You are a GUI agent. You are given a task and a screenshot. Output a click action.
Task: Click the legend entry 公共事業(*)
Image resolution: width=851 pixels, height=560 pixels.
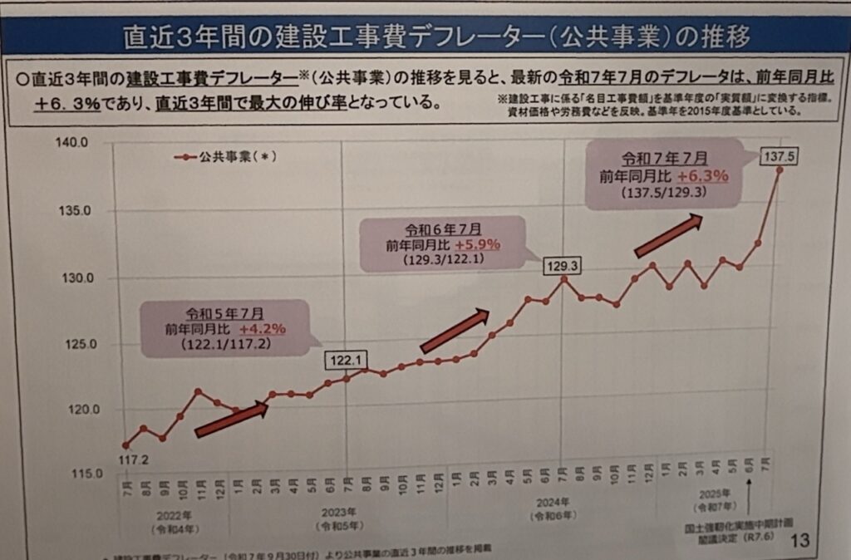(224, 156)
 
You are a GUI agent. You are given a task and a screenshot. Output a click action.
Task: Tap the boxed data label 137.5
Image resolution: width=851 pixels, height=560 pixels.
(780, 155)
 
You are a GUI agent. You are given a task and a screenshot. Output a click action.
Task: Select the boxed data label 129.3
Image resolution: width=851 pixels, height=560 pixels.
(563, 266)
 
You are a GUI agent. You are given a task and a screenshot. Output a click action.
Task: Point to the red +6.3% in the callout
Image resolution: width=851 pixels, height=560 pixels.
(702, 175)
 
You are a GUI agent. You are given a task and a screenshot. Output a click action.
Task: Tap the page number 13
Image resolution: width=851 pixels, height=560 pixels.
(800, 541)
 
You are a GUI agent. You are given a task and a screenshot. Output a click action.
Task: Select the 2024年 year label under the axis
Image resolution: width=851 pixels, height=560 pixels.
(551, 504)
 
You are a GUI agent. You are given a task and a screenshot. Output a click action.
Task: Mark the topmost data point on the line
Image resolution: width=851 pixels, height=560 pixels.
(780, 170)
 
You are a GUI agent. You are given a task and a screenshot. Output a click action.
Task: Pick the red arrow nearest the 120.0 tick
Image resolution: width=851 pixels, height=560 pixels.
(231, 420)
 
